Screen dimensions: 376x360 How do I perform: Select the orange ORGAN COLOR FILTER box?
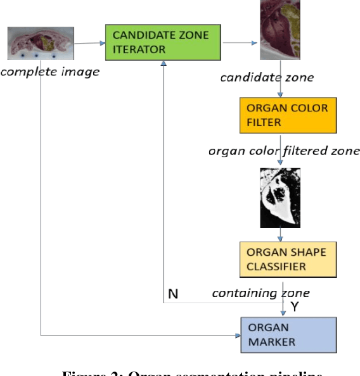[x=288, y=115]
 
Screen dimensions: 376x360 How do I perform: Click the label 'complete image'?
[x=49, y=72]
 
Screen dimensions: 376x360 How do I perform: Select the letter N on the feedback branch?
[x=172, y=294]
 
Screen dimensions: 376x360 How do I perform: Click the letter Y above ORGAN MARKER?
[x=294, y=307]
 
